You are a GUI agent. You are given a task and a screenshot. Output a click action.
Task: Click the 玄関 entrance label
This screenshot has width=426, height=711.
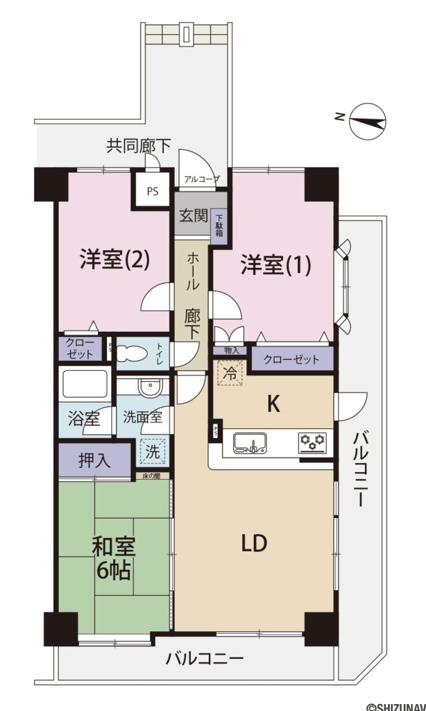194,215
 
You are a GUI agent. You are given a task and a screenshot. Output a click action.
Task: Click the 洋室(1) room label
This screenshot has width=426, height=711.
275,265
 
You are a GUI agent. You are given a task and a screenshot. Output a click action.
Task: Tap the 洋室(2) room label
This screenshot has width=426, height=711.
114,260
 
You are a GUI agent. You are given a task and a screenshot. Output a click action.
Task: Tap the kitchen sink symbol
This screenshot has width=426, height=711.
250,443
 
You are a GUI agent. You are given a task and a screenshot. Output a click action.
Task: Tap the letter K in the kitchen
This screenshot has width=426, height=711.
273,404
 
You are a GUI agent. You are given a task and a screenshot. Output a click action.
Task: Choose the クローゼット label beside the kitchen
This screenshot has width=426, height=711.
291,360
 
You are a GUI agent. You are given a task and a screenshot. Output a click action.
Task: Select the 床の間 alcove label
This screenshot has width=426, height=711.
152,476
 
